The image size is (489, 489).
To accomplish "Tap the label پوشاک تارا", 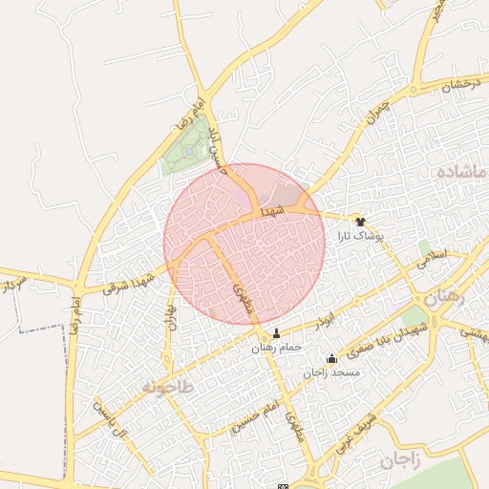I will [x=360, y=234].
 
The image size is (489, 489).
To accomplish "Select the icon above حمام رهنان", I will [x=277, y=333].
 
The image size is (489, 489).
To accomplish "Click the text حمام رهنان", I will [x=277, y=347].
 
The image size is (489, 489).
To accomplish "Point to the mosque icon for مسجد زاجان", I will [x=331, y=359].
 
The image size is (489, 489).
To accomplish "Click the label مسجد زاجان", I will [x=331, y=372].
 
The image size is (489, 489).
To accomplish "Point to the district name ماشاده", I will [x=461, y=173].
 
